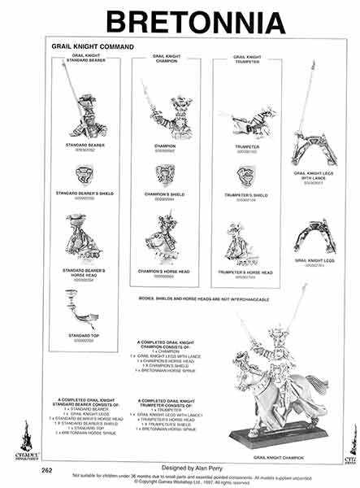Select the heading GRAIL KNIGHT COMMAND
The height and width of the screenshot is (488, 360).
(92, 47)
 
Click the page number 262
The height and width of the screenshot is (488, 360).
(47, 470)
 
